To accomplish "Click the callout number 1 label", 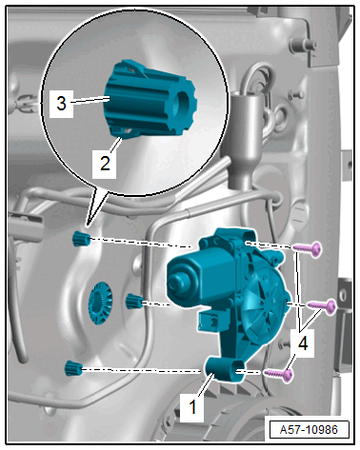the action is (191, 407).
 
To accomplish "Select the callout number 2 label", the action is (105, 163).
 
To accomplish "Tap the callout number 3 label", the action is (61, 104).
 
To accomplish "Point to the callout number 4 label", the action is (303, 343).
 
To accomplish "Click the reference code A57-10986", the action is (309, 430).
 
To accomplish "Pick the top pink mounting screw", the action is (307, 249).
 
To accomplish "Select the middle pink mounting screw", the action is (321, 306).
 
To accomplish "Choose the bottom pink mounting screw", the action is (279, 375).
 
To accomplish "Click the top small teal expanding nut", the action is (81, 239).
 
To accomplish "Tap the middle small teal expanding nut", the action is (134, 301).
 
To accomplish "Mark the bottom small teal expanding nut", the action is (73, 368).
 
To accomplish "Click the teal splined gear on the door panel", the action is (100, 303).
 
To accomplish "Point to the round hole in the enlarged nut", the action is (183, 104).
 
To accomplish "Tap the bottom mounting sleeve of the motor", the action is (226, 370).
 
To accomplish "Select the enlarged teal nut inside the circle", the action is (150, 99).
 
